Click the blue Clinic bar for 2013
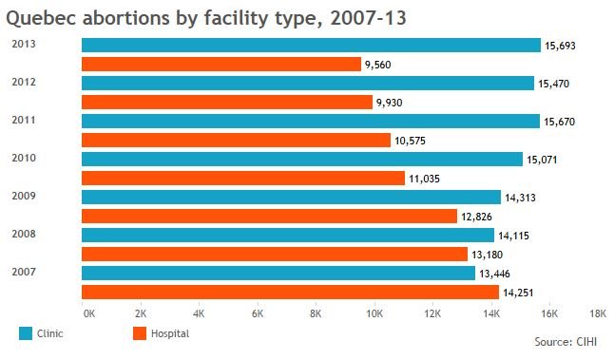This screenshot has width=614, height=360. click(x=312, y=45)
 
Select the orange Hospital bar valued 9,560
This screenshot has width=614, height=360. click(x=221, y=65)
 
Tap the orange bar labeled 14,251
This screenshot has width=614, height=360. click(x=290, y=293)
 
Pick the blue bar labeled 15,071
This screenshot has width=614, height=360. click(x=302, y=160)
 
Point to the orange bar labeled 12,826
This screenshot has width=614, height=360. click(x=269, y=216)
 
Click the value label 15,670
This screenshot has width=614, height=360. click(x=559, y=123)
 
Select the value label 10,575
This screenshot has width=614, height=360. click(x=410, y=141)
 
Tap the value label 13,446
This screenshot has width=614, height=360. click(x=494, y=274)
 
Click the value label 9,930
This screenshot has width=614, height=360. click(x=390, y=103)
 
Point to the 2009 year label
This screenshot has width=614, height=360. click(x=24, y=196)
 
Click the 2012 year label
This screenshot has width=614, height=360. click(x=24, y=82)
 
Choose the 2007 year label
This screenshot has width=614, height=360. click(x=24, y=272)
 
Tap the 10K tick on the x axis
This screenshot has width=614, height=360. click(x=374, y=313)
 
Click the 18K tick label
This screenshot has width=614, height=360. click(x=598, y=313)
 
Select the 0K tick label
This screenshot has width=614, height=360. click(x=89, y=313)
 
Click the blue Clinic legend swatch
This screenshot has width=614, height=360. click(x=26, y=333)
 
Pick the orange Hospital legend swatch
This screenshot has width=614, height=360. click(x=140, y=333)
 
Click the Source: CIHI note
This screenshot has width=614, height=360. click(x=566, y=342)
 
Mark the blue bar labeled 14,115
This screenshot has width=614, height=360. click(x=288, y=236)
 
